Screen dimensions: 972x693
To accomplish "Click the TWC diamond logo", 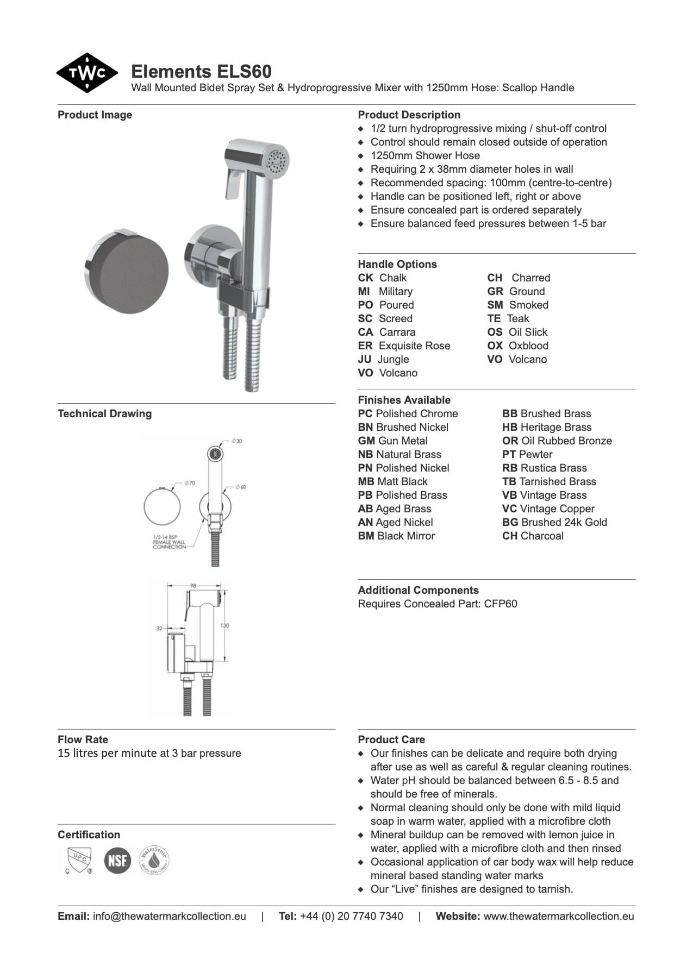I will click(x=87, y=73).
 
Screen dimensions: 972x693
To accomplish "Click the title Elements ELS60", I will click(x=201, y=72).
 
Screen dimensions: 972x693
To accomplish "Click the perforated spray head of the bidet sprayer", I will click(x=277, y=160).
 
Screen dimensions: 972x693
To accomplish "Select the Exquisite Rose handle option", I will click(x=404, y=346).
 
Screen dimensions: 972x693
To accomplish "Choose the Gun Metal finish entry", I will click(x=392, y=441).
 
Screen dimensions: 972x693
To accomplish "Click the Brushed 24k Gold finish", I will click(x=554, y=522).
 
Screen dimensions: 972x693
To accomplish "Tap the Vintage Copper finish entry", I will click(x=548, y=509).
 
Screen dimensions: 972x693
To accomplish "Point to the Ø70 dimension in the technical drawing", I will click(x=190, y=482).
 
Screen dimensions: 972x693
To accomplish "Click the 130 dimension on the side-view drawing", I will click(x=224, y=625).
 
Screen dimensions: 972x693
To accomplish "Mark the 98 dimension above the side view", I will click(x=193, y=586).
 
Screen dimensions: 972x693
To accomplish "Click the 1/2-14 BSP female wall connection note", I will click(x=169, y=542).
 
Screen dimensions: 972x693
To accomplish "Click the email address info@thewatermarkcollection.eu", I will click(x=169, y=916).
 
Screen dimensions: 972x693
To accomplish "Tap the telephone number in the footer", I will click(x=351, y=916).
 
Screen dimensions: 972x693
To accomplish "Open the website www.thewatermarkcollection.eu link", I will click(x=558, y=916).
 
